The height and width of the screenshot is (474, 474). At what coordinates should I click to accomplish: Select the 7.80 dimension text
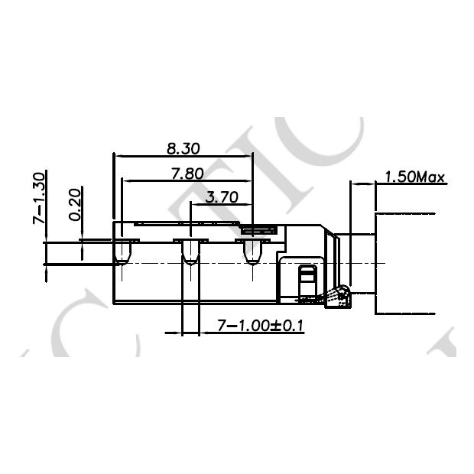(187, 174)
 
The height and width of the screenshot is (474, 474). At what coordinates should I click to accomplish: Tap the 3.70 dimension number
(222, 197)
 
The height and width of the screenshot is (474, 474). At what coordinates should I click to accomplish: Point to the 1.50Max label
(414, 177)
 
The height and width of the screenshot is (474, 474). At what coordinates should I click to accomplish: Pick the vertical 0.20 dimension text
(74, 204)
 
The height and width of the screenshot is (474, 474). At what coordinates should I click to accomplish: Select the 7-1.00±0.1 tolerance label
(261, 326)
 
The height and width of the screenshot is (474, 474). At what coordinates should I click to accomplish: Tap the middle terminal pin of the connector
(190, 252)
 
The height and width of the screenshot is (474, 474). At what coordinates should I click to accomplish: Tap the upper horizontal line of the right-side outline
(405, 213)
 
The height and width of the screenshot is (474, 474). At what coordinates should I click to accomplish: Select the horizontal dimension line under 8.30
(183, 155)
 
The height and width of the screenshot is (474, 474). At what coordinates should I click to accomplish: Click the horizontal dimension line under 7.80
(187, 181)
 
